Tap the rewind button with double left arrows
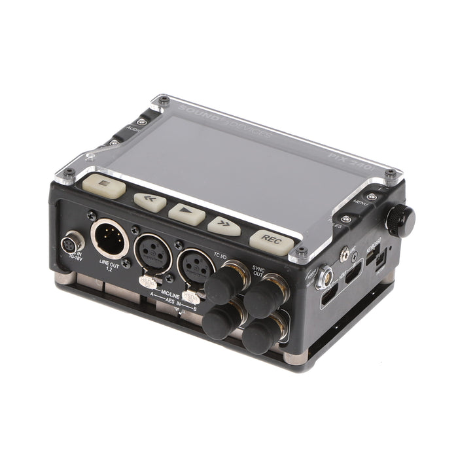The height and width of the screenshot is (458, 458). (150, 200)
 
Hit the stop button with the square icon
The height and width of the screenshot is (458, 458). (104, 186)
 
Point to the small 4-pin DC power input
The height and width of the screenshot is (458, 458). (70, 246)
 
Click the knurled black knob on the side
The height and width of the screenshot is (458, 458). (400, 219)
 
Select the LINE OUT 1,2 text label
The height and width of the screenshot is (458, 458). (109, 266)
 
